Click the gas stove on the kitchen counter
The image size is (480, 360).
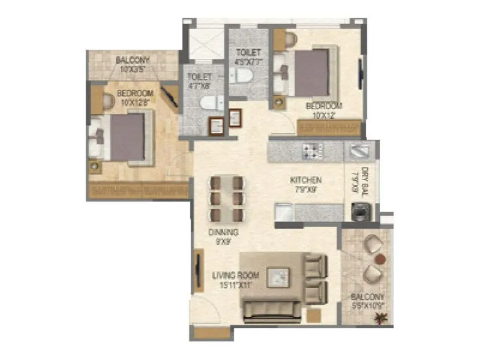coord(313,151)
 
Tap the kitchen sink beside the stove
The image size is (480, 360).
coord(360,151)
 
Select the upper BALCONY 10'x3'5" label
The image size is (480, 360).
coord(133,64)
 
